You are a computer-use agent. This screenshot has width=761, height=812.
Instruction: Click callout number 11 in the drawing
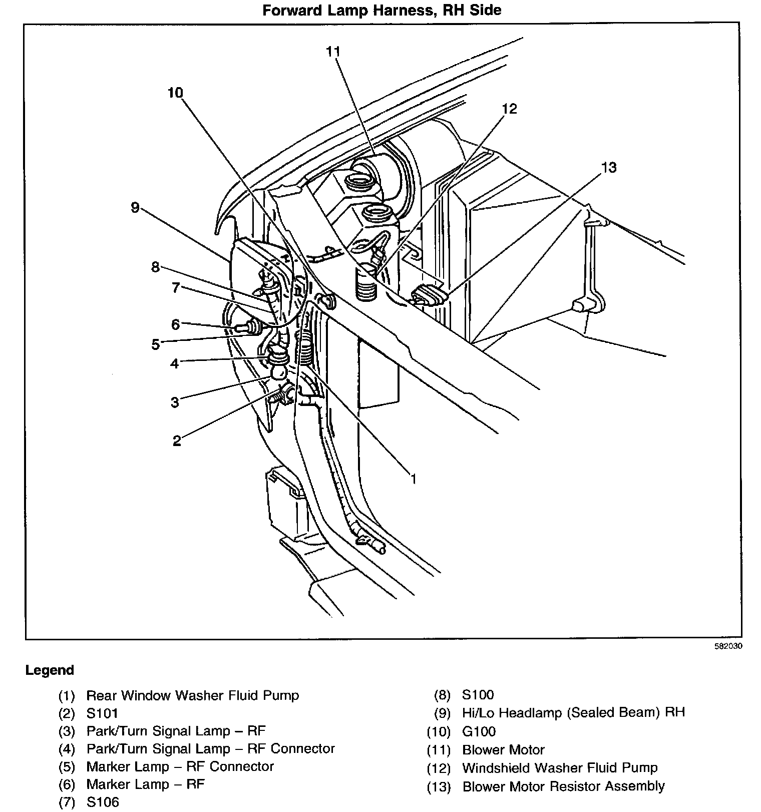tap(333, 52)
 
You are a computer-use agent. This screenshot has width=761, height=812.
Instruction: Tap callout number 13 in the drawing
tap(608, 167)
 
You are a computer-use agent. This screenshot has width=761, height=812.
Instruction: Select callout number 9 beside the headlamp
tap(135, 207)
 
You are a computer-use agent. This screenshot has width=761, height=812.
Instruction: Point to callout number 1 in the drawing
tap(414, 479)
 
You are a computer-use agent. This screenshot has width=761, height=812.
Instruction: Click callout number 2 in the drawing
tap(177, 441)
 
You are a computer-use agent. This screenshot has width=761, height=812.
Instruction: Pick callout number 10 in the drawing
tap(176, 93)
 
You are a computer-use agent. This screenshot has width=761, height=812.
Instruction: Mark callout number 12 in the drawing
tap(509, 109)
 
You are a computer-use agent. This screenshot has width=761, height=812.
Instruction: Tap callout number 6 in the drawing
tap(175, 324)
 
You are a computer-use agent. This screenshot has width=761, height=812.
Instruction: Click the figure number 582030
tap(728, 646)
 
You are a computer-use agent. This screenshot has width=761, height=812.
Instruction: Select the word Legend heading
tap(50, 670)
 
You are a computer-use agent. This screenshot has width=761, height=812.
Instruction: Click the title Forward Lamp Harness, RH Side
tap(382, 10)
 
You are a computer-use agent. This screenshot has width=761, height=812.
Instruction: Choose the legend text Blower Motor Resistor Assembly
tap(563, 786)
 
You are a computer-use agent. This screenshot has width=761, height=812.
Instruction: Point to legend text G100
tap(479, 731)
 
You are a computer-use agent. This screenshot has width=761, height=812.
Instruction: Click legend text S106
tap(103, 802)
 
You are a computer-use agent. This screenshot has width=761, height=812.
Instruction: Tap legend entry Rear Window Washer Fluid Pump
tap(192, 695)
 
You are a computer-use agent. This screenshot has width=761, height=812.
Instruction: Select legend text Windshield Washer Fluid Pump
tap(560, 767)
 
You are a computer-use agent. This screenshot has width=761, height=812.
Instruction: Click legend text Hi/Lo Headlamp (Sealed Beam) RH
tap(573, 712)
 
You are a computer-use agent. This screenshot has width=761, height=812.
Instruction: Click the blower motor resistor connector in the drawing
tap(428, 296)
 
